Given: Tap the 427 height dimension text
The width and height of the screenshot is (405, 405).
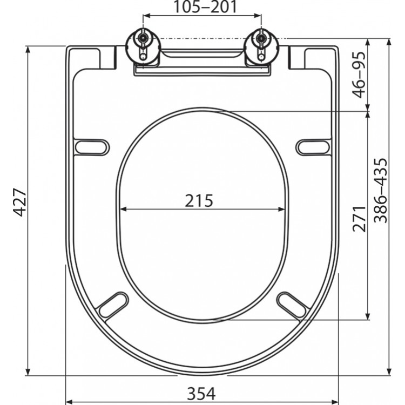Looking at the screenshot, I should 20,203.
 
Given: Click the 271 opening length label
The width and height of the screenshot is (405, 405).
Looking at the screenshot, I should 360,214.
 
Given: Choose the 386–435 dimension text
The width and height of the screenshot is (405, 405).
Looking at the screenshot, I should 381,191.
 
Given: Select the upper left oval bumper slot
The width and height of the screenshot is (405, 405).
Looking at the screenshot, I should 92,146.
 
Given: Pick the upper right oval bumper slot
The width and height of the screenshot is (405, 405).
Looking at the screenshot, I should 313,146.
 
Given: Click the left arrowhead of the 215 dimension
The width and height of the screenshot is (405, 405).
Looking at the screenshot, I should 122,210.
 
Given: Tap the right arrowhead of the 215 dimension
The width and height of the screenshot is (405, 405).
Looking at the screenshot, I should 282,210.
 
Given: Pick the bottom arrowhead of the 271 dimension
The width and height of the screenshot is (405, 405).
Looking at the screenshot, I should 368,316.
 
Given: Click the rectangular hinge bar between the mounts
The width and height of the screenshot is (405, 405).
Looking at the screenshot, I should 202,59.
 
